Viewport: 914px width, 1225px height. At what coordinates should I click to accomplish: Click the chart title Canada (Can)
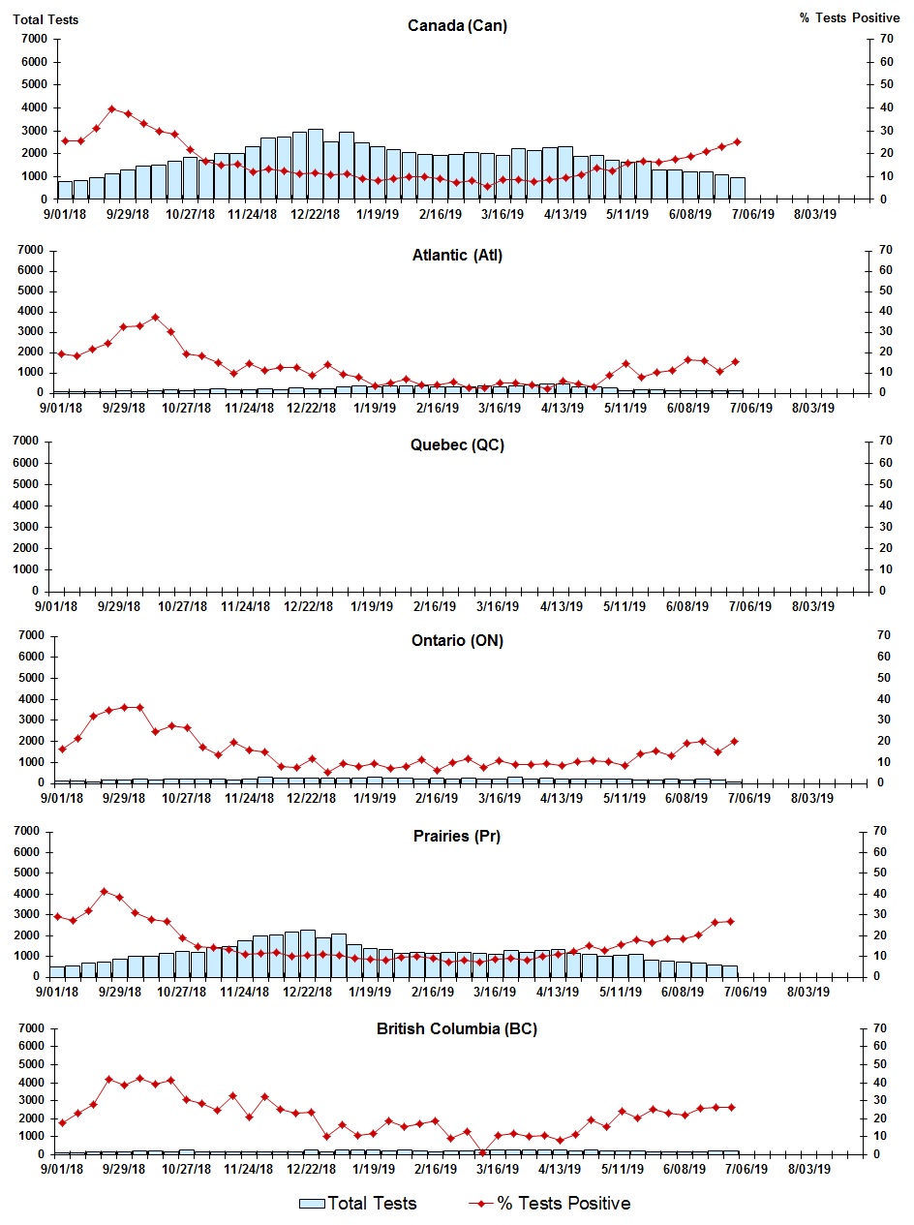(x=457, y=26)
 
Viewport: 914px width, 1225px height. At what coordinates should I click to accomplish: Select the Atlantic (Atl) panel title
(x=457, y=256)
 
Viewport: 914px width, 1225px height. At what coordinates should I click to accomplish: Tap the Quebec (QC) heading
(x=457, y=445)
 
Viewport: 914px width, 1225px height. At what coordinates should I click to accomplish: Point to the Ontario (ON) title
(x=457, y=640)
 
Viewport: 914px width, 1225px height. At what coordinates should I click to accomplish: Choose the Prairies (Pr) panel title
(x=457, y=836)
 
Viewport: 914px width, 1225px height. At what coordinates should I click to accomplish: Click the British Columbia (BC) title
(x=457, y=1028)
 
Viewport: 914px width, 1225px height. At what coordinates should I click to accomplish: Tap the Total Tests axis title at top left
(x=46, y=19)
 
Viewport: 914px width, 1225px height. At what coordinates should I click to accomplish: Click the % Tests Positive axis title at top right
(x=849, y=19)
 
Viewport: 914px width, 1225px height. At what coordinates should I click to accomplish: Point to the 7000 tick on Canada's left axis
(x=34, y=39)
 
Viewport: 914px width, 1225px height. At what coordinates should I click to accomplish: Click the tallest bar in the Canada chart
(x=315, y=165)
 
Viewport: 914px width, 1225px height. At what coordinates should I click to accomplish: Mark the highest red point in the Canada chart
(x=112, y=108)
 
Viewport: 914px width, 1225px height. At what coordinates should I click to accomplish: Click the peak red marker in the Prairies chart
(x=105, y=892)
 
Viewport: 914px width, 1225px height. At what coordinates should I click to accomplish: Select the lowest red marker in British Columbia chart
(x=483, y=1152)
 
